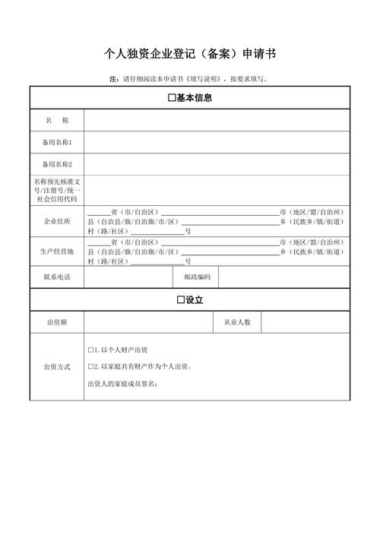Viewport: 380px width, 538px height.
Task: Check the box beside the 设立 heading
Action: [181, 300]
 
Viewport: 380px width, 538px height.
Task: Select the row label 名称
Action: [57, 121]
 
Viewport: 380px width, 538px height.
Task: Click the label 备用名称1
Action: [57, 142]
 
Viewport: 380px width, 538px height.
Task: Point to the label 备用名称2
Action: [57, 164]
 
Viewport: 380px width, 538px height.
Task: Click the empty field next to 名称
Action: [217, 121]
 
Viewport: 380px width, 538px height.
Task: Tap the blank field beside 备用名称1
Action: [217, 142]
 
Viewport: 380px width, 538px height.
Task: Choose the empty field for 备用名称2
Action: [217, 164]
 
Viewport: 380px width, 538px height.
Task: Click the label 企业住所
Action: [57, 221]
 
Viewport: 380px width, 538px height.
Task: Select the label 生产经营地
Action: [57, 251]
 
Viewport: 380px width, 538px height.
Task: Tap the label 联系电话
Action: [57, 277]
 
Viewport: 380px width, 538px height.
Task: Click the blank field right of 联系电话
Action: [128, 277]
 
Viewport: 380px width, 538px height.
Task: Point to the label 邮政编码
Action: [197, 277]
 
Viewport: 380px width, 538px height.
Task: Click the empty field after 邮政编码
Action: [284, 277]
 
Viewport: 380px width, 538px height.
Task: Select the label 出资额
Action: [57, 323]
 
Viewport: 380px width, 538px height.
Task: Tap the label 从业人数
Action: [237, 323]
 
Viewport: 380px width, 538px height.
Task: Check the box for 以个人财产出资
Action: [90, 350]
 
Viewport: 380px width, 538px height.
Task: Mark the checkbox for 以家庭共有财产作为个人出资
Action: [90, 366]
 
